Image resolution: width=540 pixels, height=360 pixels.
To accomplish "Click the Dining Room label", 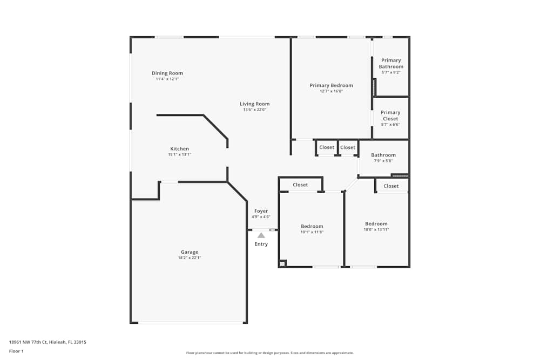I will (167, 73).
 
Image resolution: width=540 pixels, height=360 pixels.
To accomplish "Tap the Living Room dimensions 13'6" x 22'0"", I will (254, 110).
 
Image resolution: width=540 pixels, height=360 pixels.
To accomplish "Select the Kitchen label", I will (179, 148).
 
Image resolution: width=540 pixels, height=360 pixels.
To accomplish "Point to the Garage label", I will (189, 252).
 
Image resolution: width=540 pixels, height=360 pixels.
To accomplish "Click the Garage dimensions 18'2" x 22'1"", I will (189, 258).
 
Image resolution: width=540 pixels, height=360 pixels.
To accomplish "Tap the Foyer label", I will (261, 211).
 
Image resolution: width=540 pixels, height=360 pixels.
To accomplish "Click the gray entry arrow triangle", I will (261, 235).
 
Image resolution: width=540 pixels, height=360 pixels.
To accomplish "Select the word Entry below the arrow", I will (261, 244).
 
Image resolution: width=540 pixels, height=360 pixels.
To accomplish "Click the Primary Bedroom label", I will (331, 85).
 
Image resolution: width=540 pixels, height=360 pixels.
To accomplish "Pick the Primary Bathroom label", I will (391, 64).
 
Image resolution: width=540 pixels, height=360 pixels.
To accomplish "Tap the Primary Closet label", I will (390, 116).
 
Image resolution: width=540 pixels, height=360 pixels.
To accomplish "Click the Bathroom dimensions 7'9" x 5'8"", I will (383, 161).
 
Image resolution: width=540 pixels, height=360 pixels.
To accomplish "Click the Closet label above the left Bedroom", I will (300, 185).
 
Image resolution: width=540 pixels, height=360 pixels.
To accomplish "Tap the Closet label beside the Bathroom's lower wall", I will (391, 186).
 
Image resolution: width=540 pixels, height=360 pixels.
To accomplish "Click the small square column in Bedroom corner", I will (282, 263).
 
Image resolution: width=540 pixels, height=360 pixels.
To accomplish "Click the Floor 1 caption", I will (16, 351).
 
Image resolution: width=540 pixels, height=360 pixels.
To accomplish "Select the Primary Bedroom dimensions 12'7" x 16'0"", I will (331, 91).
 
